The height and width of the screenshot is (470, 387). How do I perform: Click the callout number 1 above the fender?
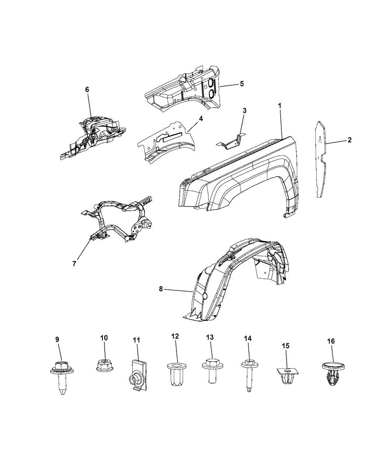pyautogui.click(x=280, y=105)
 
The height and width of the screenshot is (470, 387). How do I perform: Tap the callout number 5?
pyautogui.click(x=241, y=84)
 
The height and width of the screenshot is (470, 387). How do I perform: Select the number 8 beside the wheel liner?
pyautogui.click(x=161, y=289)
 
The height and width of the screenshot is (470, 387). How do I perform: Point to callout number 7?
pyautogui.click(x=74, y=264)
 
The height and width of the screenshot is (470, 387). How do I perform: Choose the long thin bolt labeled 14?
pyautogui.click(x=250, y=379)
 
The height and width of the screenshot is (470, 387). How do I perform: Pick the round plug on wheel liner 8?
pyautogui.click(x=205, y=296)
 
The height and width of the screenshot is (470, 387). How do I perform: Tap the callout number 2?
pyautogui.click(x=349, y=140)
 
